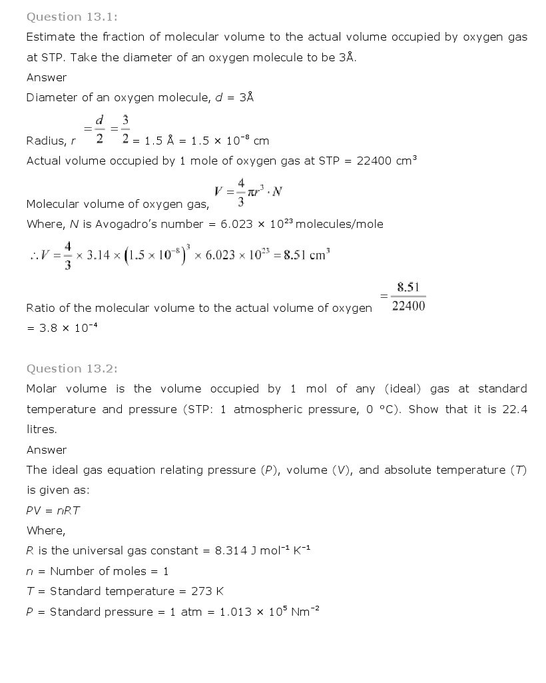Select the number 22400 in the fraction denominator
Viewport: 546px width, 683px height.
click(x=408, y=307)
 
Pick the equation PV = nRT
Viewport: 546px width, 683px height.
click(x=54, y=510)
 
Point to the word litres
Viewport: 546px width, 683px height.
click(x=42, y=429)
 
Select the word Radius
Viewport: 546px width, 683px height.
click(x=45, y=141)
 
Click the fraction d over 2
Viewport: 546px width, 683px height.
click(x=99, y=129)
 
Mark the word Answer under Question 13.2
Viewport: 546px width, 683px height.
click(x=47, y=450)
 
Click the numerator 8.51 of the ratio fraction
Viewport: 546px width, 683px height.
click(x=408, y=287)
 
